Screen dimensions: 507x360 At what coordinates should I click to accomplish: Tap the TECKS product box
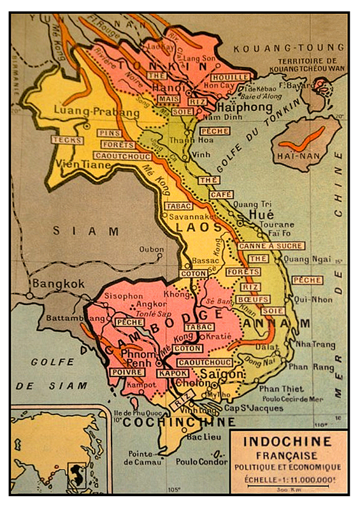tap(68, 140)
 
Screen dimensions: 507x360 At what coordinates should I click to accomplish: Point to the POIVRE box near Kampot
tap(126, 372)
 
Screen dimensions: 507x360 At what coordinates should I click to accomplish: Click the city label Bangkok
tap(59, 283)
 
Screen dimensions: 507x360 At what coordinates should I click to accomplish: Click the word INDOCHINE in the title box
tap(288, 441)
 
